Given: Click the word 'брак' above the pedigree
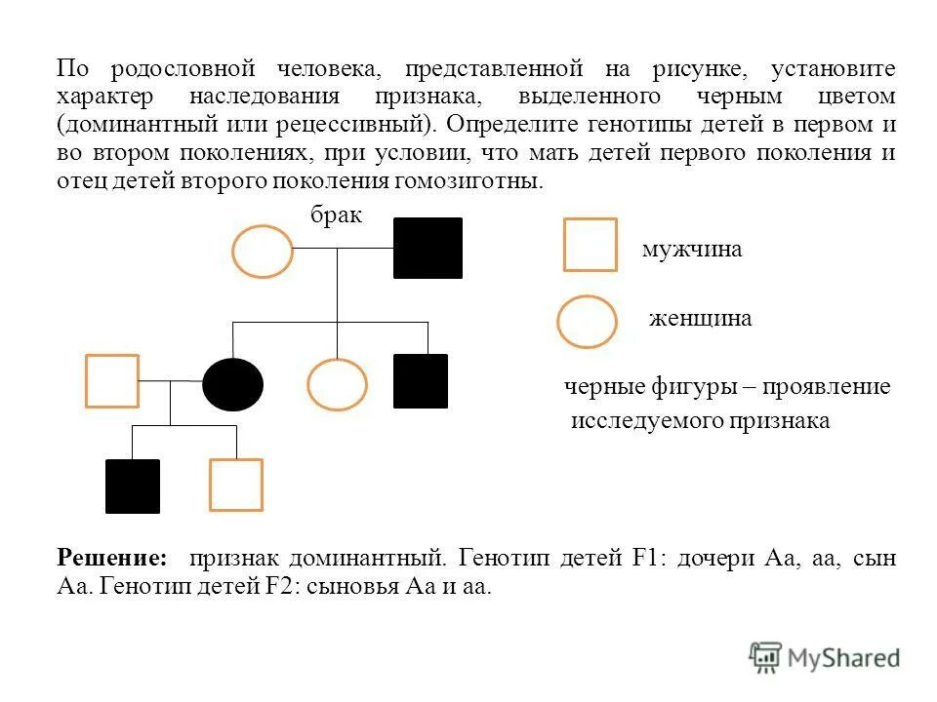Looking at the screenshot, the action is [x=337, y=215].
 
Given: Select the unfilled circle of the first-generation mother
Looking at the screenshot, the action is [x=263, y=251].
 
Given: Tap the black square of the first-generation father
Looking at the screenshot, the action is [x=428, y=248].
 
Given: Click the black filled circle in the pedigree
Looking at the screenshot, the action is [x=232, y=384].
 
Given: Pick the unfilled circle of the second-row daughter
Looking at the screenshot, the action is [x=337, y=384].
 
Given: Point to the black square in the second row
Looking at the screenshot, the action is [x=421, y=380].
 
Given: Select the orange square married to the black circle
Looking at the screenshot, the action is [x=112, y=380].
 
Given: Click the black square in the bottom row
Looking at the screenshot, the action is [x=133, y=486].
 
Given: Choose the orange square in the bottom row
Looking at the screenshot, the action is [x=236, y=485].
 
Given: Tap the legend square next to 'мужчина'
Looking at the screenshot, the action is [x=591, y=245].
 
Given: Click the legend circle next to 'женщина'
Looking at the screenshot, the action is [x=587, y=322].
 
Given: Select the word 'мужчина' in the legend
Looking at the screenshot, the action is [x=692, y=250].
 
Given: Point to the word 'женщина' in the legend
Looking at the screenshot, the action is [x=701, y=319].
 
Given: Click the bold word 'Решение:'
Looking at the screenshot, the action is [x=111, y=559].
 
